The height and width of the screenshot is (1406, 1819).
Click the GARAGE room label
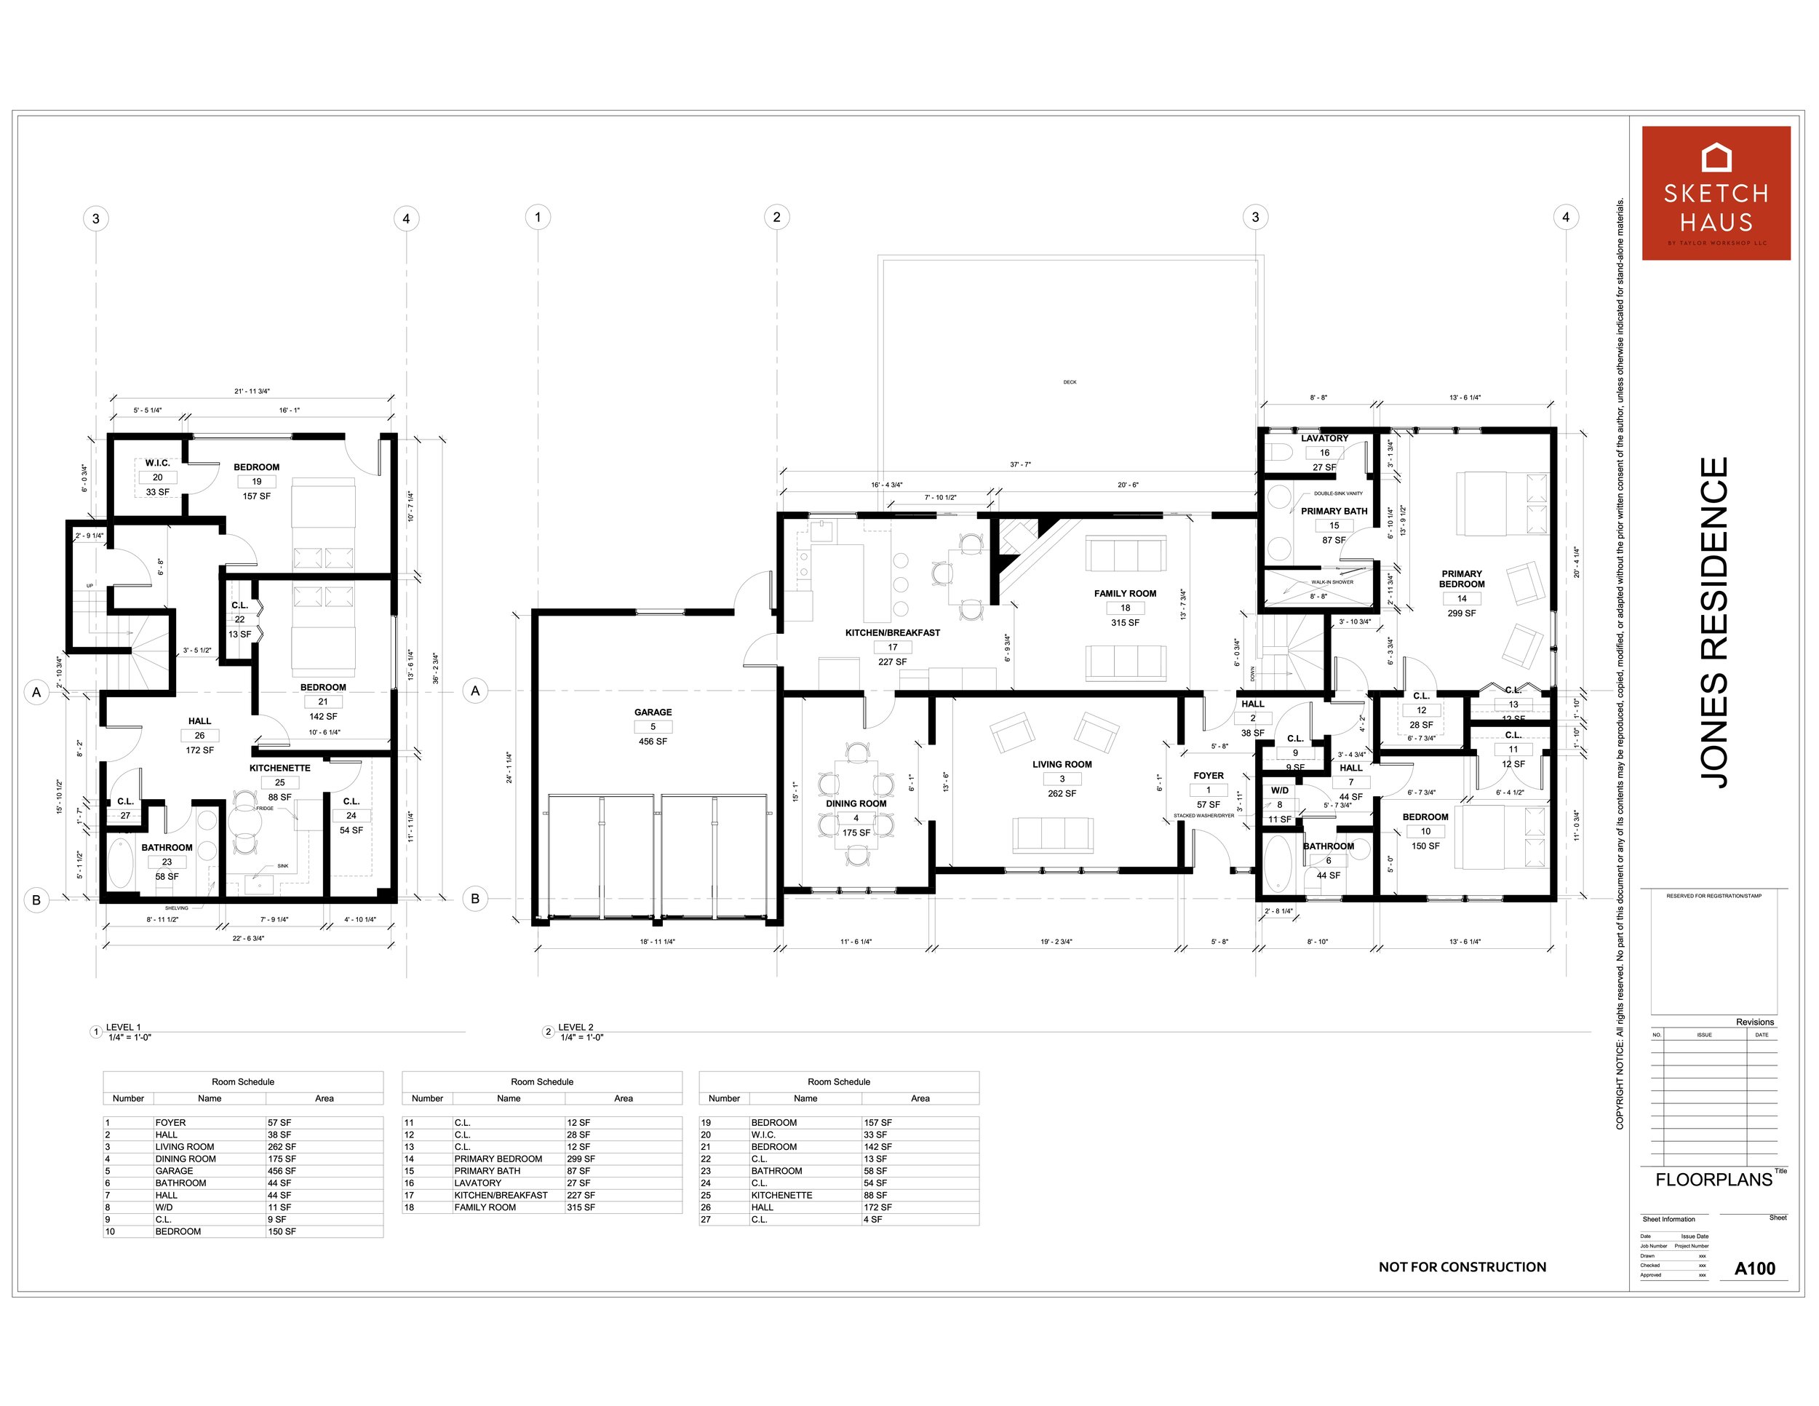pyautogui.click(x=652, y=712)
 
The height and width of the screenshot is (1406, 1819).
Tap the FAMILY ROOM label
pyautogui.click(x=1124, y=594)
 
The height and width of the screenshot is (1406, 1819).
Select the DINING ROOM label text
pyautogui.click(x=856, y=803)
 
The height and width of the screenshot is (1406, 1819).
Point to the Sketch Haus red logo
pyautogui.click(x=1716, y=194)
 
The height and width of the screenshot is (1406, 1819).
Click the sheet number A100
pyautogui.click(x=1754, y=1268)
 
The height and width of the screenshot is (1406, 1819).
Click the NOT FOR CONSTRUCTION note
pyautogui.click(x=1462, y=1267)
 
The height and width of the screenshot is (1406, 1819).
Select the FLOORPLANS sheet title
pyautogui.click(x=1713, y=1180)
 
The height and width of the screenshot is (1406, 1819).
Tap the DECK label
pyautogui.click(x=1070, y=382)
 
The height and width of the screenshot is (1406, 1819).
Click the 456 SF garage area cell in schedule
pyautogui.click(x=282, y=1171)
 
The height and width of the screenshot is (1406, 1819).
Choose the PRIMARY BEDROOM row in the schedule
pyautogui.click(x=498, y=1159)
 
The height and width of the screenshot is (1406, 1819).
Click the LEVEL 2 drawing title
pyautogui.click(x=576, y=1027)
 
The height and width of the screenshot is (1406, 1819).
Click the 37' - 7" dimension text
pyautogui.click(x=1020, y=465)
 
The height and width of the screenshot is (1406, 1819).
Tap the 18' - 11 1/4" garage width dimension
pyautogui.click(x=657, y=942)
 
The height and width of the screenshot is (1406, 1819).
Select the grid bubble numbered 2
pyautogui.click(x=776, y=218)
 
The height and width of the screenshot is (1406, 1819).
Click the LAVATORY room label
pyautogui.click(x=1324, y=438)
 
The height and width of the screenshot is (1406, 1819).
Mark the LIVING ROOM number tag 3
pyautogui.click(x=1062, y=779)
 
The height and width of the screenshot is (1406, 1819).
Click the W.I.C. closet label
pyautogui.click(x=157, y=463)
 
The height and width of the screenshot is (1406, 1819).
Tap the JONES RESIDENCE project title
pyautogui.click(x=1713, y=622)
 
